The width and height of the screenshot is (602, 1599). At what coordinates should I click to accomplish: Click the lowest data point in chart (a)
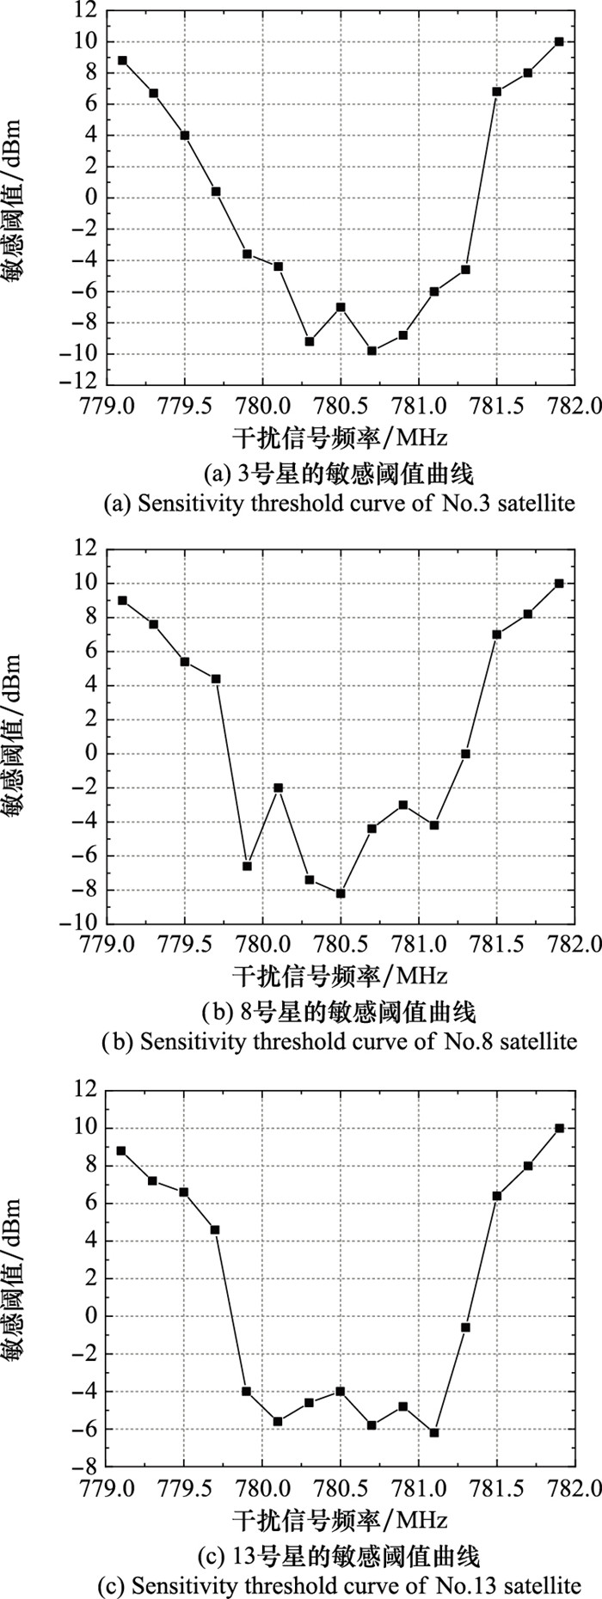click(x=372, y=351)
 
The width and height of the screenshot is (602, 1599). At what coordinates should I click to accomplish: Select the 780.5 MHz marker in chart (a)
click(x=341, y=307)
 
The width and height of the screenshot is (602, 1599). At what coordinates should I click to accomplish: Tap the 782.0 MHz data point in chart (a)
click(x=559, y=41)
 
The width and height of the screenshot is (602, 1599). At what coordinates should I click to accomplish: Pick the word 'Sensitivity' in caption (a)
click(x=179, y=503)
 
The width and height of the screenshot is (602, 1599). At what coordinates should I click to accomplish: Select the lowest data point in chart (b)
click(x=341, y=893)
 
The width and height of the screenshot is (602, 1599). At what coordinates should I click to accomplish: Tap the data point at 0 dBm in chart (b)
click(x=465, y=754)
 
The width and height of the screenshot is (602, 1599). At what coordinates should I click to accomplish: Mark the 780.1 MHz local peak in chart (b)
click(x=279, y=787)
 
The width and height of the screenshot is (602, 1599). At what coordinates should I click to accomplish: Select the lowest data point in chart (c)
click(x=434, y=1432)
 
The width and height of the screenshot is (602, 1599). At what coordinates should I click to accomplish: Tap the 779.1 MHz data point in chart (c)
click(x=121, y=1150)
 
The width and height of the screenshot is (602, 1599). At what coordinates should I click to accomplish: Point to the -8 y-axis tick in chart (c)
click(x=88, y=1467)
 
